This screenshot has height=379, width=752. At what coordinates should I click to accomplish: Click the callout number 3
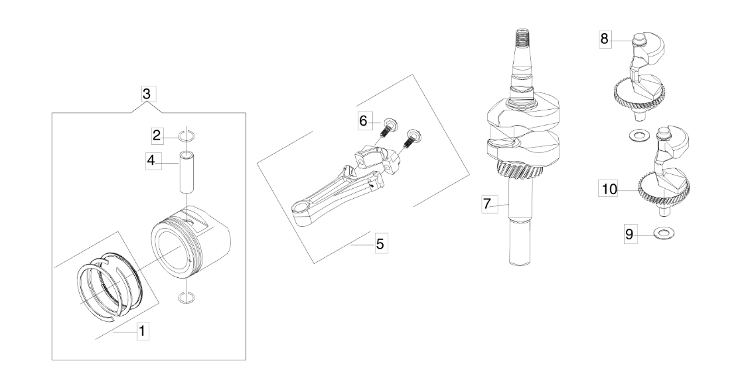tap(147, 94)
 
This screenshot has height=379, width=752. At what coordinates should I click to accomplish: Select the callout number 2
tap(157, 136)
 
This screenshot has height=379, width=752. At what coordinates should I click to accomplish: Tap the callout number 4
tap(151, 160)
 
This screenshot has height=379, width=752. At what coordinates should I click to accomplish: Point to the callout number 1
tap(142, 331)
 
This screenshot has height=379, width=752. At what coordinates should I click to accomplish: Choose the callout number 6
tap(363, 120)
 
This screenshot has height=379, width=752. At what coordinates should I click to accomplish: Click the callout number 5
tap(380, 244)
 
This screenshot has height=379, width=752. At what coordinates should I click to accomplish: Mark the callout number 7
tap(488, 204)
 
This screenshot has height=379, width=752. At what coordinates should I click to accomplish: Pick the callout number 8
tap(604, 39)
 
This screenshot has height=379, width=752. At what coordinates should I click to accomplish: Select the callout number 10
tap(609, 189)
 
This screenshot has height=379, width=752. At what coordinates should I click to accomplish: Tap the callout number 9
tap(629, 234)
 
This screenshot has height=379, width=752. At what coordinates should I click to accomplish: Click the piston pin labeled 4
tap(186, 172)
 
